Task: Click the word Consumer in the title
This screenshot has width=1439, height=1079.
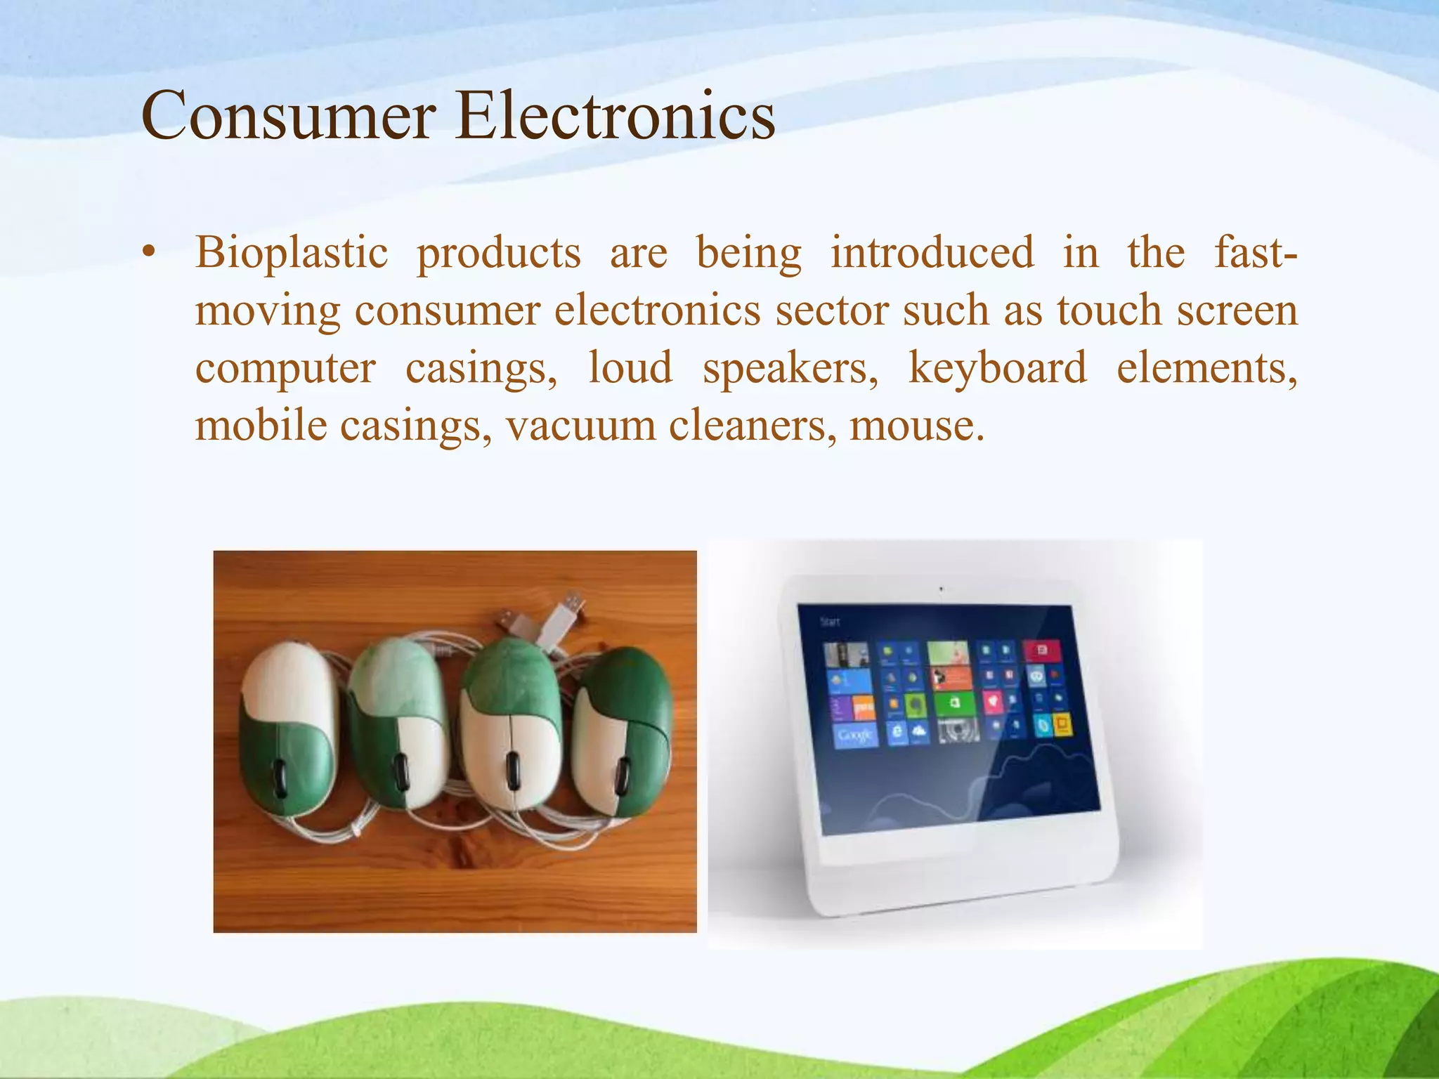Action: [x=288, y=116]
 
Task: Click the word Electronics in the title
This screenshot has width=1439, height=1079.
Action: [x=615, y=116]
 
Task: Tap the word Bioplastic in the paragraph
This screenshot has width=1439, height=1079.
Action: [x=292, y=253]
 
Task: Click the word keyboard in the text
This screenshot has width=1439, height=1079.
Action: [x=997, y=368]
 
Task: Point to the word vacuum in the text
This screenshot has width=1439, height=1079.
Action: [x=580, y=426]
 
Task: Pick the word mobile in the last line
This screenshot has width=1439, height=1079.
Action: [x=261, y=426]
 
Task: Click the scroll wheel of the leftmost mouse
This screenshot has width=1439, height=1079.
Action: [x=280, y=773]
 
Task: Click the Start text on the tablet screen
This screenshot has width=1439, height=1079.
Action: [x=830, y=622]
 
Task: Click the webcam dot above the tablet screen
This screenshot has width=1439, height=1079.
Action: [x=941, y=589]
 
